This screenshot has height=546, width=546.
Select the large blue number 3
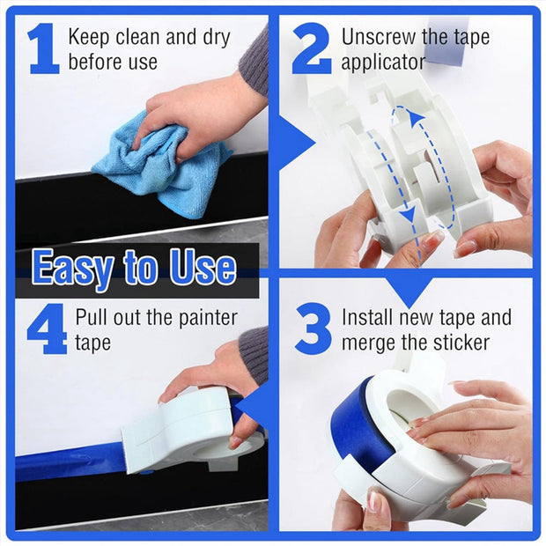coord(312,328)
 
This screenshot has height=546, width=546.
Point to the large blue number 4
coord(46,328)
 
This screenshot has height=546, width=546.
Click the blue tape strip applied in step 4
coord(70,463)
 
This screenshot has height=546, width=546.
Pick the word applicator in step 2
coord(383,63)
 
